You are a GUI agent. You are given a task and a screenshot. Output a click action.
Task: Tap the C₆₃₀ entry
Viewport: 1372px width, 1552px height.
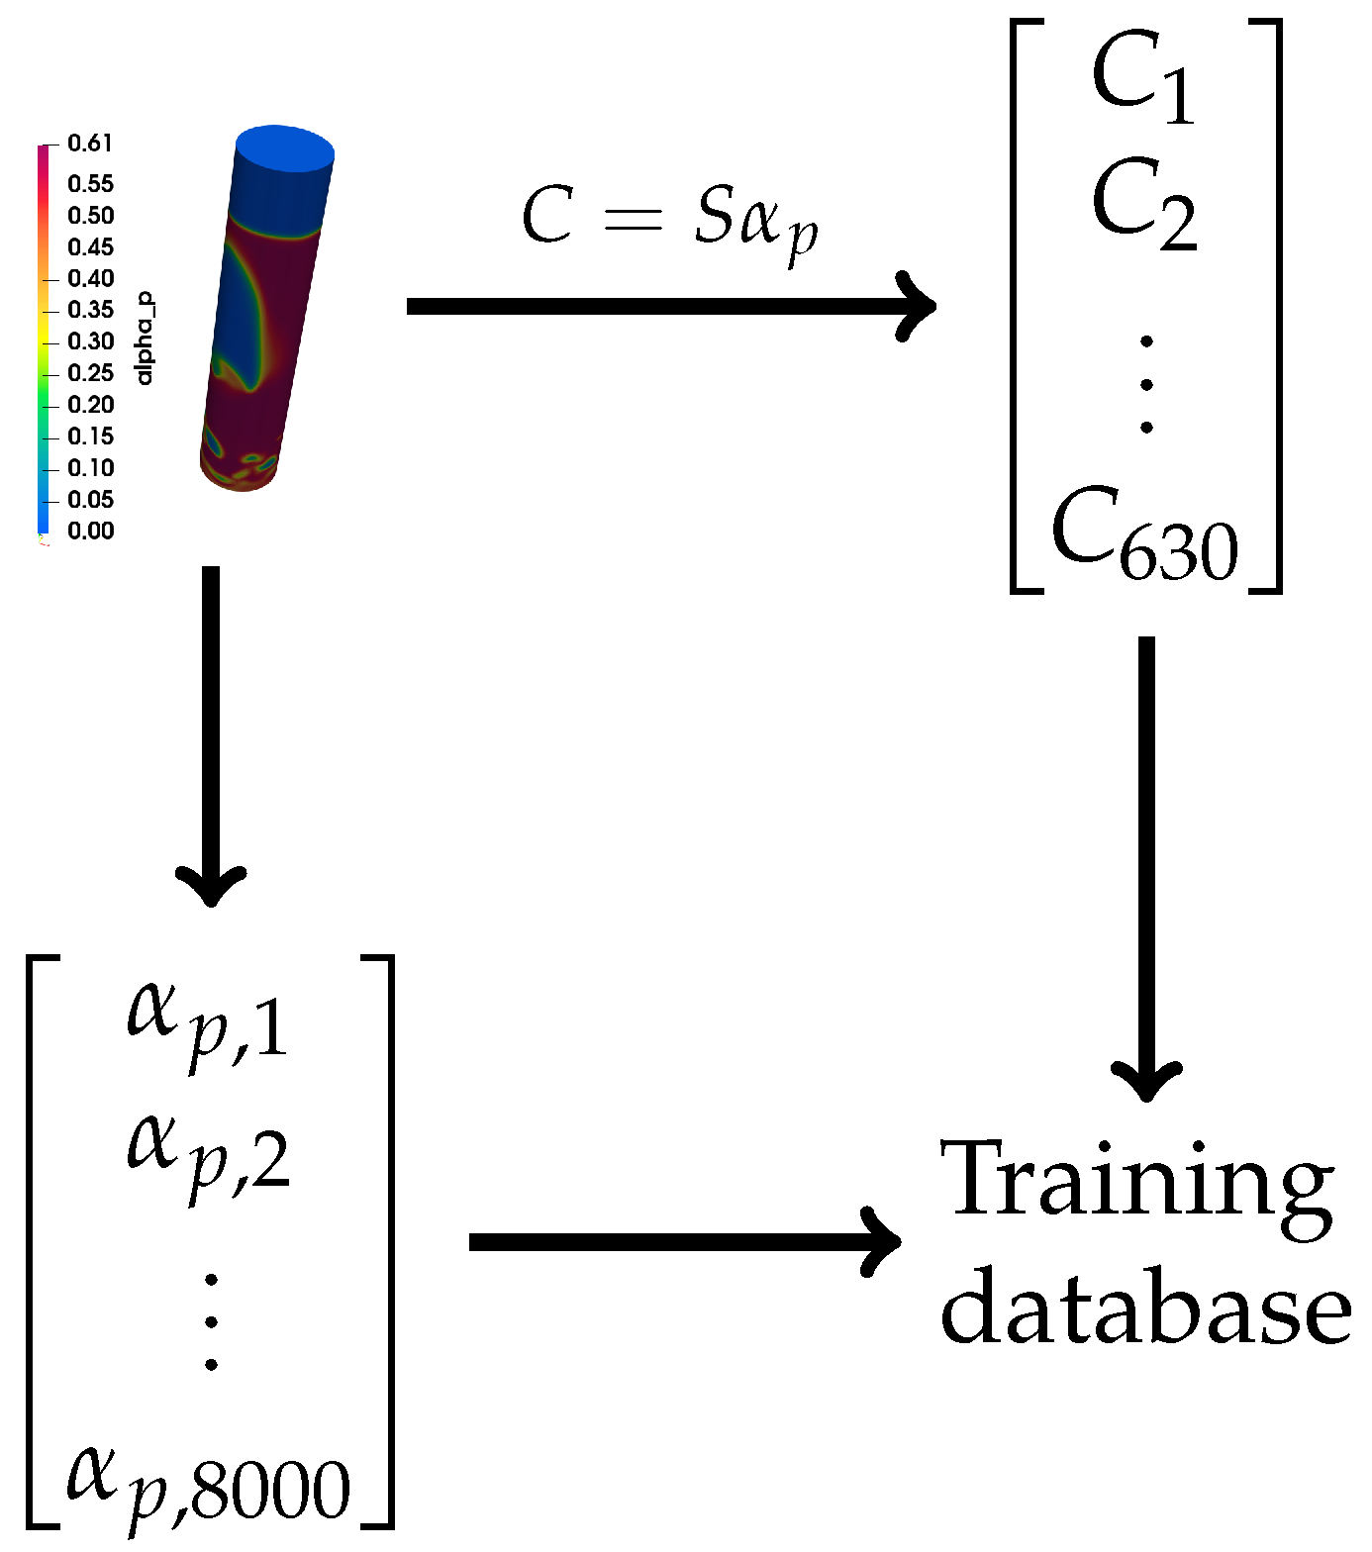pyautogui.click(x=1144, y=534)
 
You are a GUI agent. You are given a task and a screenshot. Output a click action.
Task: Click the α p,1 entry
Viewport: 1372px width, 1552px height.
pyautogui.click(x=208, y=1023)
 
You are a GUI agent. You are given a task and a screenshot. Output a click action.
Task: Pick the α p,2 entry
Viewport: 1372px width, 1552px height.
pyautogui.click(x=208, y=1152)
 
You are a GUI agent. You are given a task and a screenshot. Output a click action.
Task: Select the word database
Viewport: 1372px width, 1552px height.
pyautogui.click(x=1145, y=1308)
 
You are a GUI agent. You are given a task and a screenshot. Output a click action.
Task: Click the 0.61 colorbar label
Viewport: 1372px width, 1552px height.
pyautogui.click(x=90, y=145)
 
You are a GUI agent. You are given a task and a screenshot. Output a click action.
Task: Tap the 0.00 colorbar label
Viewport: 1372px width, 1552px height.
pyautogui.click(x=90, y=532)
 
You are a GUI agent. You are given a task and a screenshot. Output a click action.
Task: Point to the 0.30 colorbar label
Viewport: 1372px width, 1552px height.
pyautogui.click(x=90, y=342)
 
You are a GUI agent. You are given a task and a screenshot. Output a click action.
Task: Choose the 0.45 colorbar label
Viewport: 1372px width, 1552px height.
pyautogui.click(x=90, y=247)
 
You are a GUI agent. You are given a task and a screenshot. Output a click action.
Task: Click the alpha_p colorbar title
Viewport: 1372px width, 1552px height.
pyautogui.click(x=145, y=339)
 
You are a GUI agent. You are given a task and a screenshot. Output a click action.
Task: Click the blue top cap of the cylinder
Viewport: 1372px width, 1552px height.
pyautogui.click(x=285, y=149)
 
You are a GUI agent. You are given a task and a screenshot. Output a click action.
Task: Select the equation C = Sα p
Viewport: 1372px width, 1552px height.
pyautogui.click(x=670, y=220)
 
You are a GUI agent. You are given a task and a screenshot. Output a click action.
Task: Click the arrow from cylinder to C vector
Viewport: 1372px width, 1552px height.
pyautogui.click(x=670, y=306)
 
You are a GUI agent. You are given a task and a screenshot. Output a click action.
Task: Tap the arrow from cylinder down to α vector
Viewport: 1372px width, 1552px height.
pyautogui.click(x=211, y=732)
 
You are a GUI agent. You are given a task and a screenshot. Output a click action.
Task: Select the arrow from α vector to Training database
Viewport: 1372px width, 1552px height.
pyautogui.click(x=683, y=1242)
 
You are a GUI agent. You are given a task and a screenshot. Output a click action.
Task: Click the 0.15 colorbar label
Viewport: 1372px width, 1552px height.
pyautogui.click(x=90, y=436)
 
